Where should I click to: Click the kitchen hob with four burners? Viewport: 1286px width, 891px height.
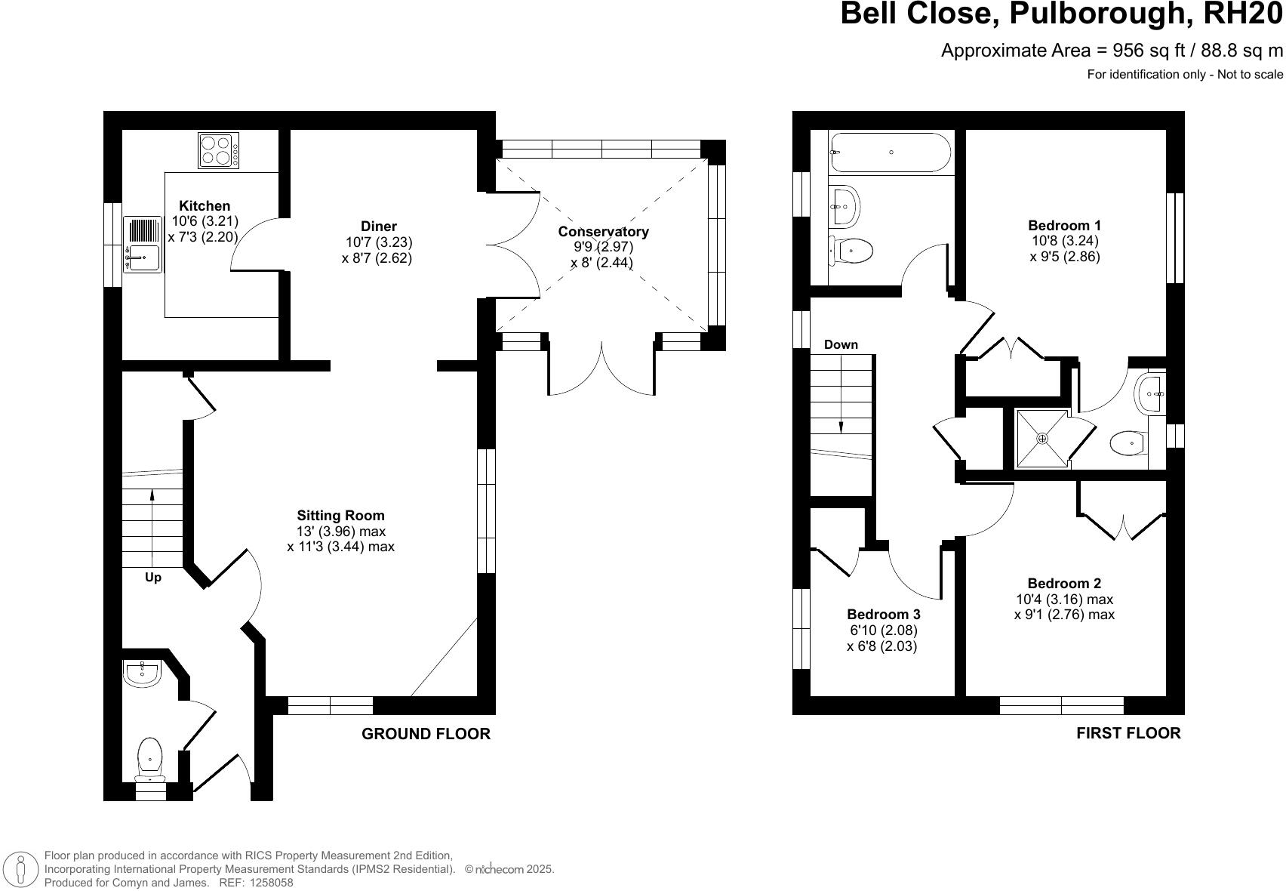(219, 150)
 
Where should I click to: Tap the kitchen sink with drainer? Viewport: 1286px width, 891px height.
(143, 245)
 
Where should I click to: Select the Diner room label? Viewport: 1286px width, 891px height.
(378, 226)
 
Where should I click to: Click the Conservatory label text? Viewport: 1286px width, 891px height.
(603, 232)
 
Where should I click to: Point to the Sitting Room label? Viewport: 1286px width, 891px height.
(340, 516)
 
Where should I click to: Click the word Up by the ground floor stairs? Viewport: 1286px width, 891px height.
(153, 578)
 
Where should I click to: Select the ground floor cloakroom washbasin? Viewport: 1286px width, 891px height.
(142, 673)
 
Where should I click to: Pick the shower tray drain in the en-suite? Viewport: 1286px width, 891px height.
(1042, 438)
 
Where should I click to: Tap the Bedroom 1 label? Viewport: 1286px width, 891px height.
(1064, 225)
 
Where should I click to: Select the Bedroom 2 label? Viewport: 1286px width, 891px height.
(1064, 583)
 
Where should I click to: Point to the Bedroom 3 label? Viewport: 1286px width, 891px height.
(883, 615)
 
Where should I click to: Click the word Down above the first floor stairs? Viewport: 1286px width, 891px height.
(841, 344)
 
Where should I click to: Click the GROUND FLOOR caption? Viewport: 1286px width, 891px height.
(426, 734)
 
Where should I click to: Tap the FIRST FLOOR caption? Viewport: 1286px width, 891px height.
(1128, 732)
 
